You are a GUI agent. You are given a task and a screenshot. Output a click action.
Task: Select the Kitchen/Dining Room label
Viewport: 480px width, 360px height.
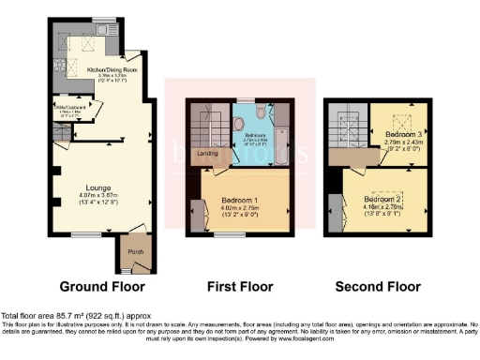pos(112,69)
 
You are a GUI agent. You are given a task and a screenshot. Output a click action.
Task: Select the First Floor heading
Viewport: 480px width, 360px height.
pos(238,286)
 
